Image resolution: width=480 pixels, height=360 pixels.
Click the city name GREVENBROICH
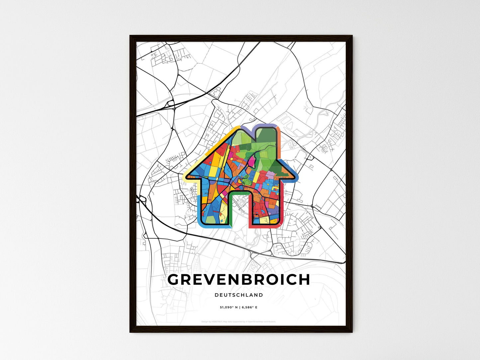(239, 280)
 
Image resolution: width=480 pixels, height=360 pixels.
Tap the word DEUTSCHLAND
(239, 295)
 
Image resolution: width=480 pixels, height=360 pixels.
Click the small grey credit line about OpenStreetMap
(239, 321)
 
